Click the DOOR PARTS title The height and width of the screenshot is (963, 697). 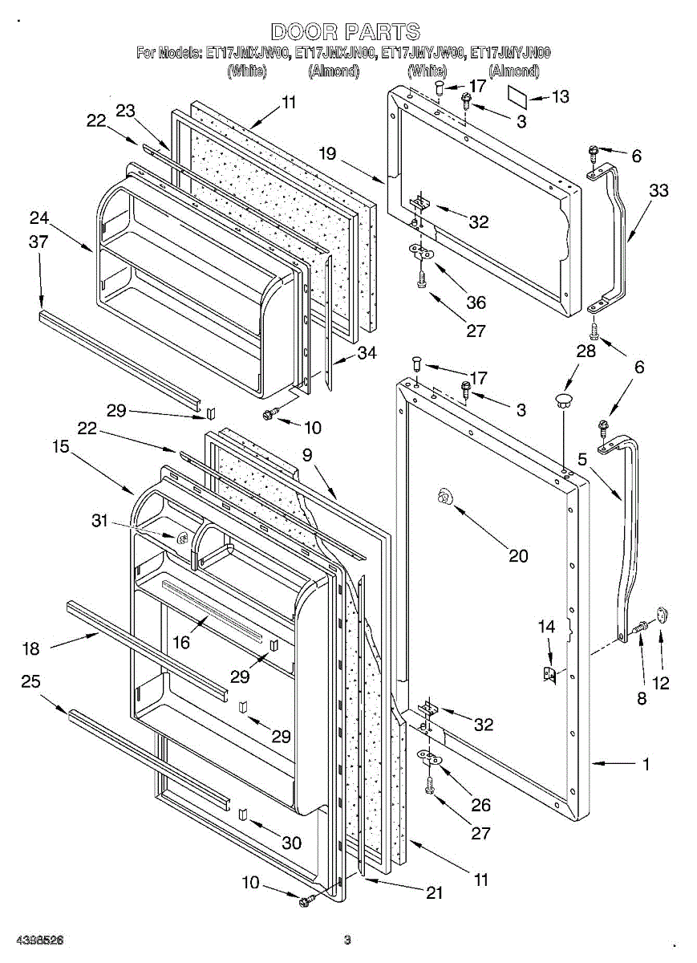pos(345,32)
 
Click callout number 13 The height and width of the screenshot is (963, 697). pos(561,97)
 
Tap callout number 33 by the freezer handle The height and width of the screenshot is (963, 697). pos(659,191)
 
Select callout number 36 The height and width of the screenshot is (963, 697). pos(476,302)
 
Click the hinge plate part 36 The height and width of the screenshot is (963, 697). pos(419,253)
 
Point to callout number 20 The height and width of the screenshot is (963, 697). pos(519,555)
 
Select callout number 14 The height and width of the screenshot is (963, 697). pos(546,627)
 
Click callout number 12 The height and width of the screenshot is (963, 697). pos(662,683)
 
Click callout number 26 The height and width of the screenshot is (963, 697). pos(481,805)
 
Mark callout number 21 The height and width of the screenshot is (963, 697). pos(435,892)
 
